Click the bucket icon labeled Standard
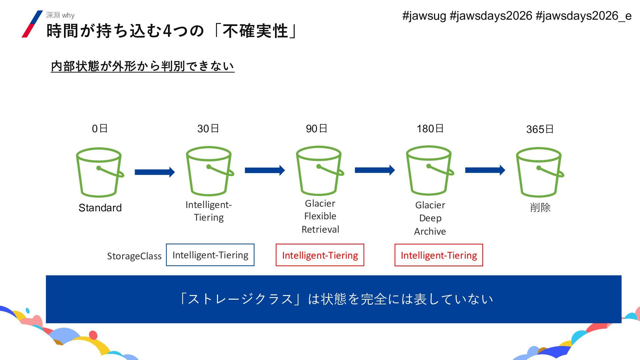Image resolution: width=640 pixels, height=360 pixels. coord(99,172)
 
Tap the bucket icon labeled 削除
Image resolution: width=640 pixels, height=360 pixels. coord(539,172)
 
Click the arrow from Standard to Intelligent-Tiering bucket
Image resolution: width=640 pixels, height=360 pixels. coord(155,172)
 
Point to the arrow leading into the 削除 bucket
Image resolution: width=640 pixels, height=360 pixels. coord(485,170)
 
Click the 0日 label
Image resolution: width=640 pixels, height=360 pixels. coord(100,129)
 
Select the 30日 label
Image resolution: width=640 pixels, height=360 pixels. coord(208,129)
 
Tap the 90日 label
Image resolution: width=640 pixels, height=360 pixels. coord(316,129)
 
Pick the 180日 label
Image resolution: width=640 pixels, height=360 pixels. coord(430,129)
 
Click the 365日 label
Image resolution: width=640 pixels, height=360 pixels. coord(540,129)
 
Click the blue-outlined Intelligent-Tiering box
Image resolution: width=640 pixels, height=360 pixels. coord(210,255)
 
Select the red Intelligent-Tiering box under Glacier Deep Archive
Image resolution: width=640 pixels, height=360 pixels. coord(439,255)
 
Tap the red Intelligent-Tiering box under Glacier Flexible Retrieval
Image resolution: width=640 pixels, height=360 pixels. coord(320,255)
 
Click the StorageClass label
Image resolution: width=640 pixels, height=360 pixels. coord(134,256)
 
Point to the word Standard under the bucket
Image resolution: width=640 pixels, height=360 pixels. coord(100,208)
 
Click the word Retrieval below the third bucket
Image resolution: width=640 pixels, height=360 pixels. coord(320,229)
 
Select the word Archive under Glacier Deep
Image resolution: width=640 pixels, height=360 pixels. coord(430,231)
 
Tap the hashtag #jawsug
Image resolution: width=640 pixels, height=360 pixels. coord(424,16)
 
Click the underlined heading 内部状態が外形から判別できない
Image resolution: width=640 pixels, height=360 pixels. coord(143,66)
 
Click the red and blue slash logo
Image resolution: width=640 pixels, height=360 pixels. coord(32,24)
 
